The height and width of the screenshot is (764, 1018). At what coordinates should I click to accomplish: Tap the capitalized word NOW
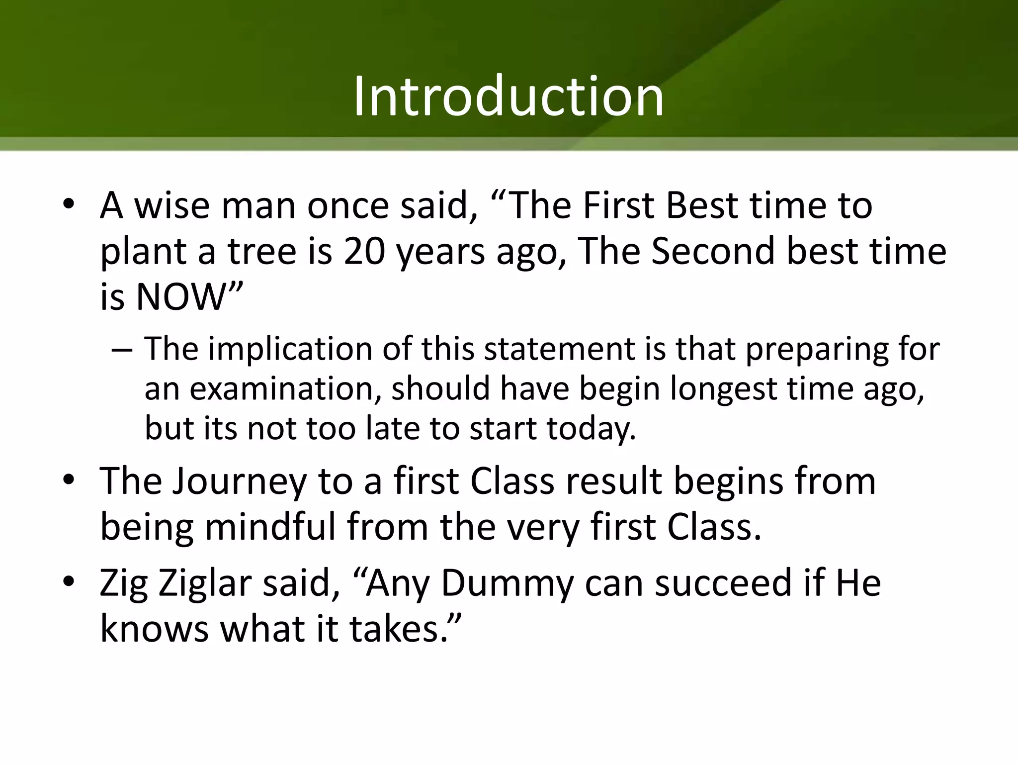coord(181,297)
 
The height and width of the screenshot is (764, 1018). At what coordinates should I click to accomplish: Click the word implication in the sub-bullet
coord(290,349)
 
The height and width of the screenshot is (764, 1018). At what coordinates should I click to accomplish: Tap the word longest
coord(723,389)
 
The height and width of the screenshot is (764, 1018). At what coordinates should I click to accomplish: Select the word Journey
coord(239,482)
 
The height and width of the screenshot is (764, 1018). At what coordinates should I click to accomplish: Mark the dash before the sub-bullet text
coord(122,350)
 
